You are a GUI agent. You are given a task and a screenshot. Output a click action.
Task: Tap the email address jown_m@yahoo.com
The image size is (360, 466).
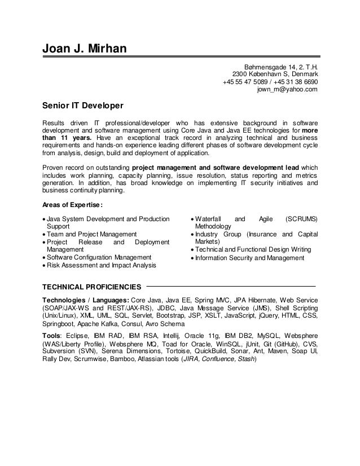287,89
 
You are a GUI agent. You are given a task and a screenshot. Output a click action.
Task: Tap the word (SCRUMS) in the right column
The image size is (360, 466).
301,218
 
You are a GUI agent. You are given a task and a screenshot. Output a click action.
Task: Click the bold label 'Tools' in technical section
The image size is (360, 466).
52,335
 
